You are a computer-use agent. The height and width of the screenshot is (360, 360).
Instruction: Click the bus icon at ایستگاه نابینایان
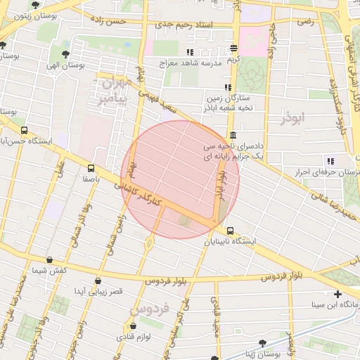[x=230, y=231]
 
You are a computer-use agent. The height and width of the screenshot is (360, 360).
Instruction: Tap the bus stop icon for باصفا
[x=91, y=168]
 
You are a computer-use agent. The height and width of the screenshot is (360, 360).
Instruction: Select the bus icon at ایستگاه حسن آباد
[x=25, y=130]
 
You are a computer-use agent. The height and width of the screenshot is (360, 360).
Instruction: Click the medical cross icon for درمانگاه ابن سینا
[x=338, y=294]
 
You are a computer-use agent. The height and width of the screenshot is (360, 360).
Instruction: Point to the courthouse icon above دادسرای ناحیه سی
[x=233, y=136]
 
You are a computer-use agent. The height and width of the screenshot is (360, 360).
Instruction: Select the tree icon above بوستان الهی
[x=65, y=53]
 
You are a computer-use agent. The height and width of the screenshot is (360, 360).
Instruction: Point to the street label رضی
[x=305, y=22]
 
